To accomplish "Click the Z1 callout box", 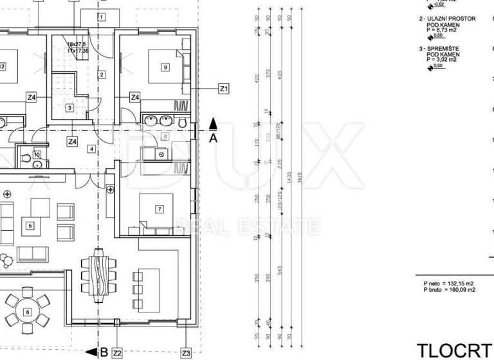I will [224, 89].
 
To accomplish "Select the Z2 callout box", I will [116, 353].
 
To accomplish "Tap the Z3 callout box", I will [186, 353].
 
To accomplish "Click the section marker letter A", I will [213, 137].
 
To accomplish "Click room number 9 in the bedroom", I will [165, 67].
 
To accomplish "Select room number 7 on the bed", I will [159, 208].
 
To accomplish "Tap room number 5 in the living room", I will [30, 226].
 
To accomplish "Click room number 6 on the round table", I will [27, 312].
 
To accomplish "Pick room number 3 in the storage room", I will [69, 108].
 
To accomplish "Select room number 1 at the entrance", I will [101, 16].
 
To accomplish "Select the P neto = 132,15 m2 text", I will [448, 283].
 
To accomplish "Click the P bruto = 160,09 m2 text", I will [449, 290].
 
